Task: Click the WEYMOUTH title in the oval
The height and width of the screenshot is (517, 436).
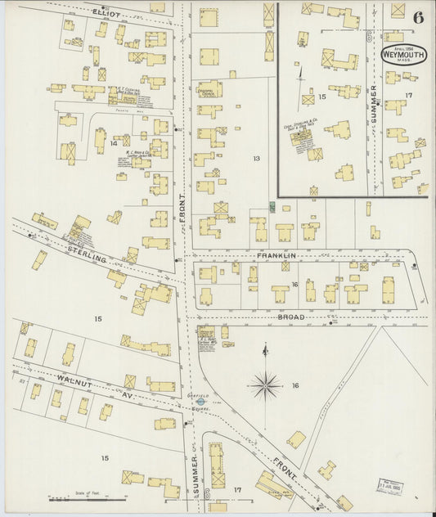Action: click(x=403, y=56)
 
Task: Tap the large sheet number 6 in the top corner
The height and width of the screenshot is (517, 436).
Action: click(x=418, y=18)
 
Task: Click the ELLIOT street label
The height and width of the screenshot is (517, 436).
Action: click(x=104, y=14)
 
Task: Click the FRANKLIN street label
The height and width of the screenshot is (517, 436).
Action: click(x=275, y=256)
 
